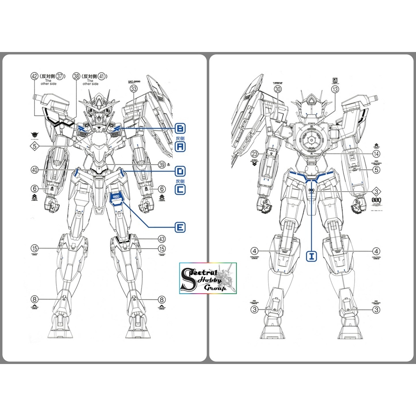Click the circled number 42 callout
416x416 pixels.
coord(34,76)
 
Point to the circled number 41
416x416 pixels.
coord(102,76)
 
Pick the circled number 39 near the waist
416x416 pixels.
coord(162,165)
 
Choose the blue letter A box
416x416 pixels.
coord(180,147)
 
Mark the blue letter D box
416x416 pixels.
coord(180,171)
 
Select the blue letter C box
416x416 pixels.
coord(180,189)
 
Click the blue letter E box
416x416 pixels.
coord(180,227)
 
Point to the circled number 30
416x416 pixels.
coord(278,90)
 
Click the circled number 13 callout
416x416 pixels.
coord(335,90)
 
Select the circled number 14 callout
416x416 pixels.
coord(377,154)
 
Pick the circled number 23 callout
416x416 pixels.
coord(255,154)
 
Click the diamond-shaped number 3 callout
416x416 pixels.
coord(376,192)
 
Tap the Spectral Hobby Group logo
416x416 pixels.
coord(208,278)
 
